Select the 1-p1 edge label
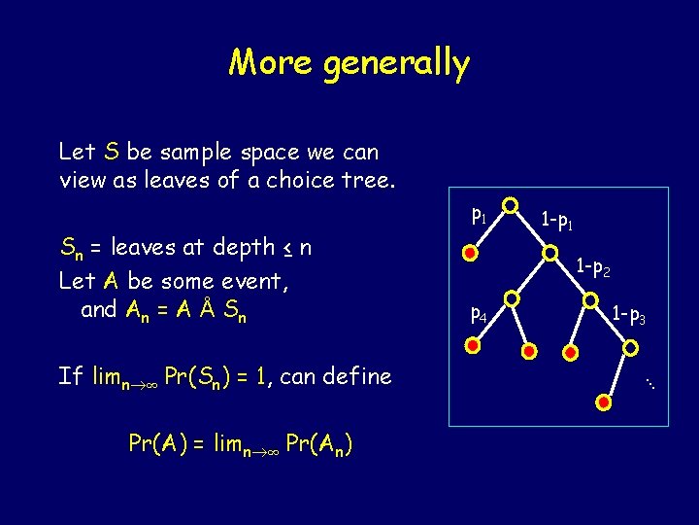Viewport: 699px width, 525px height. pyautogui.click(x=557, y=222)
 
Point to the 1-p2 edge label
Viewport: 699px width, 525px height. pyautogui.click(x=592, y=265)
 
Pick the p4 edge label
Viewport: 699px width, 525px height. pyautogui.click(x=479, y=313)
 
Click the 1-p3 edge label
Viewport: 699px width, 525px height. pyautogui.click(x=628, y=315)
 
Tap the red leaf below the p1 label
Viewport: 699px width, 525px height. pyautogui.click(x=470, y=255)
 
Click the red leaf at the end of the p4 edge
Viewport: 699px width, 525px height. pyautogui.click(x=473, y=345)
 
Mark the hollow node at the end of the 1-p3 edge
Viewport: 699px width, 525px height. pyautogui.click(x=631, y=346)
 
